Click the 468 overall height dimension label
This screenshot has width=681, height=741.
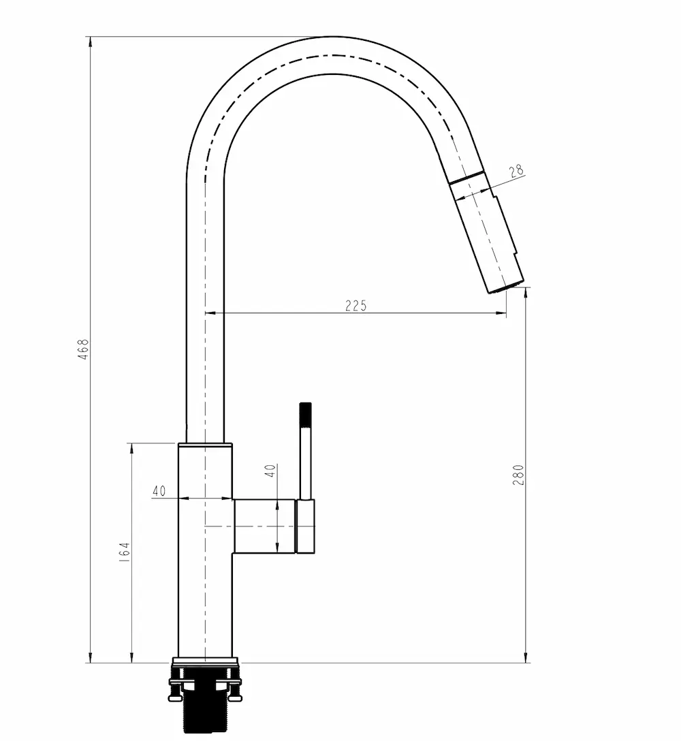[83, 349]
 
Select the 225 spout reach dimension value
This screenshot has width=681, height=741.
[356, 306]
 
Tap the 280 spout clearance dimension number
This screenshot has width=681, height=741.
[518, 475]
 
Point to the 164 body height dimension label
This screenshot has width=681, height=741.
[125, 552]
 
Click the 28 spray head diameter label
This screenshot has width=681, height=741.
[517, 170]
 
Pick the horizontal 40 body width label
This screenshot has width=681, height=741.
[159, 491]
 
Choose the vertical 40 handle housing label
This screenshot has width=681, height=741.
[270, 471]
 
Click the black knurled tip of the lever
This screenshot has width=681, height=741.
[306, 415]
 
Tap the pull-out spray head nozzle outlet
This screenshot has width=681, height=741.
[506, 287]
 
